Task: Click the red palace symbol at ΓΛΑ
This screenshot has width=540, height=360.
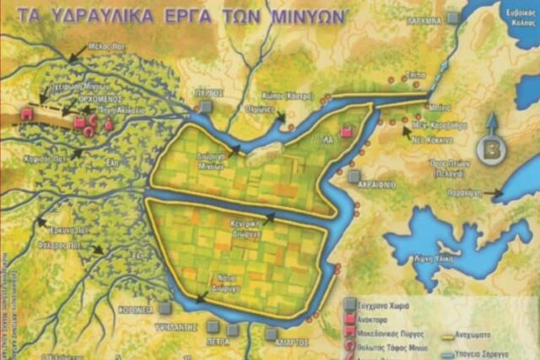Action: coord(345,133)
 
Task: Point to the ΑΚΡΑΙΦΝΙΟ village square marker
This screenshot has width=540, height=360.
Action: coord(353,176)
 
